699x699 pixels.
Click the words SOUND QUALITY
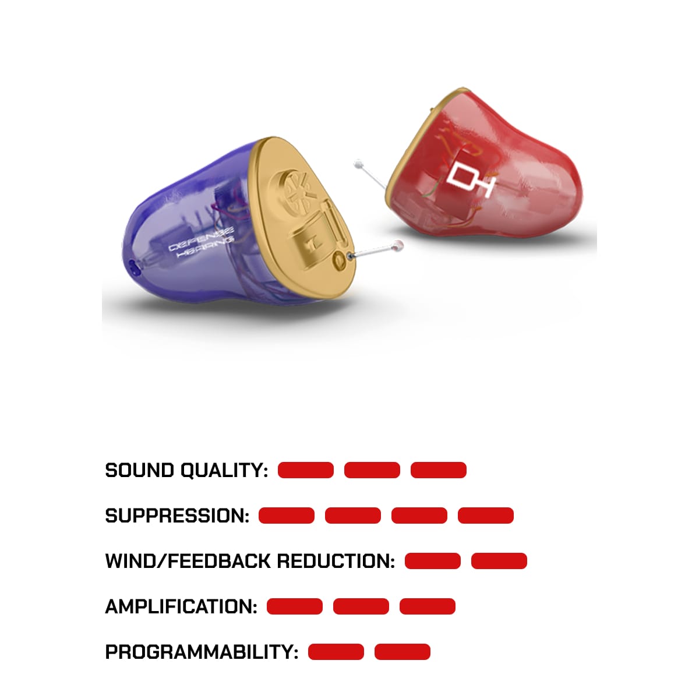(x=186, y=471)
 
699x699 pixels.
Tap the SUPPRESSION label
(x=176, y=516)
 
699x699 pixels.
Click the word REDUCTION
(x=335, y=562)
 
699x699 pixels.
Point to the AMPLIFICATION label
(x=181, y=607)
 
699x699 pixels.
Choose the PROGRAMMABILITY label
(x=201, y=652)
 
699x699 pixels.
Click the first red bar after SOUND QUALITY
(x=306, y=470)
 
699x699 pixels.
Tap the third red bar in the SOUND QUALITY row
(x=439, y=470)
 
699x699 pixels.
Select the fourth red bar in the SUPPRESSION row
(x=486, y=516)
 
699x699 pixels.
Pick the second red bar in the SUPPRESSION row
(x=353, y=516)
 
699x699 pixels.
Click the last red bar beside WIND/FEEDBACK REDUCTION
(x=499, y=561)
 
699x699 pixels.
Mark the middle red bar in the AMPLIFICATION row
(x=361, y=606)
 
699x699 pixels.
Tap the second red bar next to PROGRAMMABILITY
(x=403, y=652)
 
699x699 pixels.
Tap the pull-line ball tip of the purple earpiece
(x=399, y=246)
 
